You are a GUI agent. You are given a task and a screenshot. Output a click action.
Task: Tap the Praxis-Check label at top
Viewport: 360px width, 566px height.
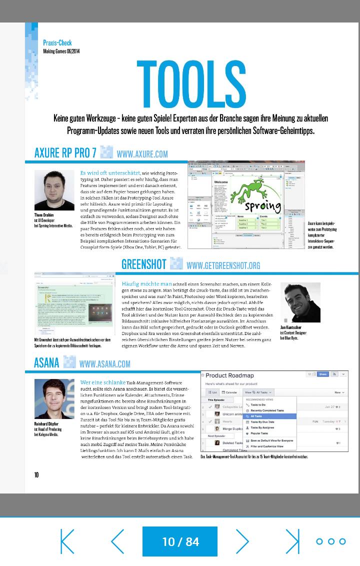(x=57, y=43)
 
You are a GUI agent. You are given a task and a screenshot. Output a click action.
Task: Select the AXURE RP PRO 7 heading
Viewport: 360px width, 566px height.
(x=65, y=153)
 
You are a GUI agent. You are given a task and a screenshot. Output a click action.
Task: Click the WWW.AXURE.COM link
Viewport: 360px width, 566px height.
(x=142, y=154)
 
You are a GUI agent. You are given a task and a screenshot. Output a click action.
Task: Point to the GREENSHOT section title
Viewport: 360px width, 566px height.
(x=143, y=264)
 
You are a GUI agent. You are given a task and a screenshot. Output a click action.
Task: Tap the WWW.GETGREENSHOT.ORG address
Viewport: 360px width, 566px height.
(x=223, y=265)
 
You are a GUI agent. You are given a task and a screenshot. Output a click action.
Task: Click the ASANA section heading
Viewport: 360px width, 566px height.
(x=46, y=362)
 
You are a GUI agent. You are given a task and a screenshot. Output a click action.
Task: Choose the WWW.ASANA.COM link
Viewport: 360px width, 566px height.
(x=104, y=364)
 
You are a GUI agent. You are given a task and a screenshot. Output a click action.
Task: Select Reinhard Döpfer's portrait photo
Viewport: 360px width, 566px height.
(x=54, y=399)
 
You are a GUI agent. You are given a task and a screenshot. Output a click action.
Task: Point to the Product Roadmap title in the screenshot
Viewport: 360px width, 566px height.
(x=230, y=375)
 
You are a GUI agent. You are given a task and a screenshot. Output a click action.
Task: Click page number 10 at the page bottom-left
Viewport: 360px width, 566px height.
(x=36, y=475)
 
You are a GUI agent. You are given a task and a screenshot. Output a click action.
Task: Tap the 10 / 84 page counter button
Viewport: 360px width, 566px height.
(x=180, y=541)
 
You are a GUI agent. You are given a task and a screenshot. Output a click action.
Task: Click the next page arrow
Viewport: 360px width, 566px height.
(x=242, y=541)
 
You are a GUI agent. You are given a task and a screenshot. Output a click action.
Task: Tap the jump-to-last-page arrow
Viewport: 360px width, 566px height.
(x=292, y=541)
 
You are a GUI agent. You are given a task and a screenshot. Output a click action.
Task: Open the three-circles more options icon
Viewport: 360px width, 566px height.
(x=331, y=541)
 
